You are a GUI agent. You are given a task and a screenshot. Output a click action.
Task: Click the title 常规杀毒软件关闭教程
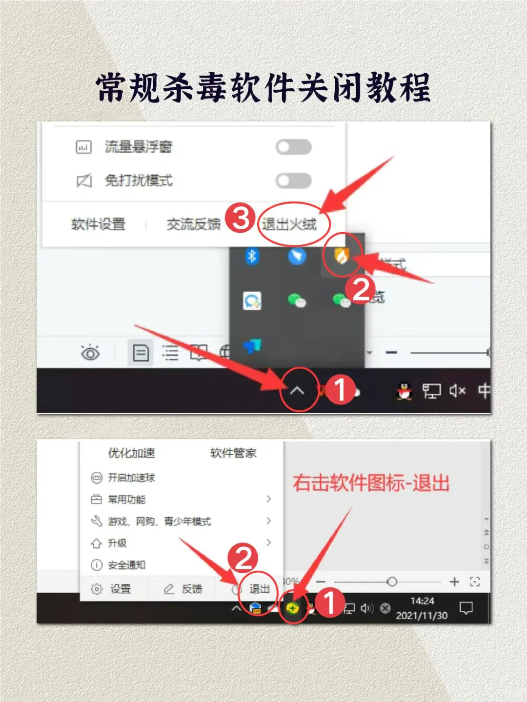(x=263, y=88)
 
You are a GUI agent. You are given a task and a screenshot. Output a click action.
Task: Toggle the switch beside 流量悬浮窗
(x=293, y=147)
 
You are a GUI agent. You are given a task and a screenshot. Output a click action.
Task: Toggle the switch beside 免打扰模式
(x=293, y=181)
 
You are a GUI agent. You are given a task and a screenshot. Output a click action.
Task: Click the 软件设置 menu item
(x=98, y=224)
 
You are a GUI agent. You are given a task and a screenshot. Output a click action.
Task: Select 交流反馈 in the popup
(x=194, y=224)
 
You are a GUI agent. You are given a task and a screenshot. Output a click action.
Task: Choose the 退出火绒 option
(x=289, y=224)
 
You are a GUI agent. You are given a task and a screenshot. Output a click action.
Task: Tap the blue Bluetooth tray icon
(x=252, y=256)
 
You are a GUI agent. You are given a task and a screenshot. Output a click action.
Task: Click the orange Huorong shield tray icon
(x=342, y=256)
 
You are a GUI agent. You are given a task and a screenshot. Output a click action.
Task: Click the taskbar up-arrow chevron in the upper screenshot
(x=297, y=390)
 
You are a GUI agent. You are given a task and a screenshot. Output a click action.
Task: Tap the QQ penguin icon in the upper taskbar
(x=404, y=391)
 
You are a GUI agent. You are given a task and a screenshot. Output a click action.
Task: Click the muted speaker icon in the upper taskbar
(x=457, y=391)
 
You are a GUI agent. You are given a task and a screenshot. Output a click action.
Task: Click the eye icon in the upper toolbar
(x=90, y=352)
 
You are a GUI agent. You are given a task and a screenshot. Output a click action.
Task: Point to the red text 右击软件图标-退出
(x=371, y=483)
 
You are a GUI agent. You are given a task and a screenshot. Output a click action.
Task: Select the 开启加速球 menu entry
(x=131, y=478)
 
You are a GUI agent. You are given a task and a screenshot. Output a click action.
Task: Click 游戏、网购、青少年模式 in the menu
(x=159, y=521)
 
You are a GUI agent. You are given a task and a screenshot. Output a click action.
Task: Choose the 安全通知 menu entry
(x=126, y=565)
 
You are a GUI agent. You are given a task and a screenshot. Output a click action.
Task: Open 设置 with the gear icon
(x=112, y=589)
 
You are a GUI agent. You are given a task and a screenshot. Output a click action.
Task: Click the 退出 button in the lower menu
(x=259, y=589)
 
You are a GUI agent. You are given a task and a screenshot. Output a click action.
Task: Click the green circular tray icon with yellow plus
(x=292, y=608)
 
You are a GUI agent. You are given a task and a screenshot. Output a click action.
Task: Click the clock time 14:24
(x=422, y=601)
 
